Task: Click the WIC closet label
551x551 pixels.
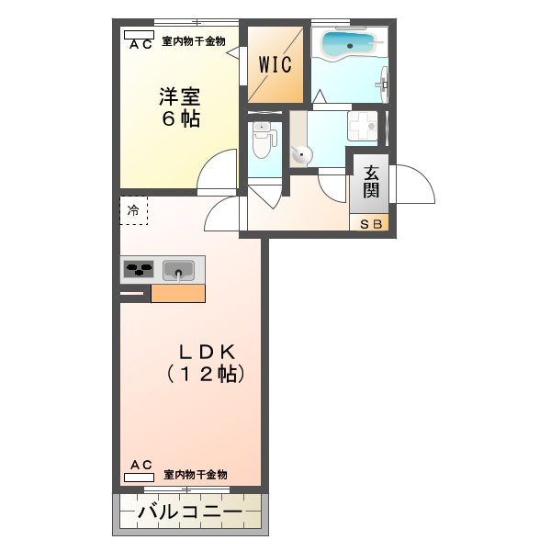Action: pyautogui.click(x=275, y=65)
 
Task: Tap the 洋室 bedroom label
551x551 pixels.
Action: pyautogui.click(x=180, y=96)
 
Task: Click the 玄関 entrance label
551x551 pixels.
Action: pyautogui.click(x=371, y=181)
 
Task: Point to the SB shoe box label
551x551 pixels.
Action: pyautogui.click(x=371, y=223)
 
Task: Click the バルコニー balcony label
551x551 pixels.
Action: pyautogui.click(x=190, y=512)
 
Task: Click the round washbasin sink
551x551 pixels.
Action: pyautogui.click(x=302, y=155)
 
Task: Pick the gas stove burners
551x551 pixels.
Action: pyautogui.click(x=140, y=270)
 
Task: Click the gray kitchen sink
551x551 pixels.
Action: pyautogui.click(x=178, y=270)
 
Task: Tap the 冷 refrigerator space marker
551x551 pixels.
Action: pyautogui.click(x=133, y=211)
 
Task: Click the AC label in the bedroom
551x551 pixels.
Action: pyautogui.click(x=141, y=43)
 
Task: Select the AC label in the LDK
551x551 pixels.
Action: pyautogui.click(x=141, y=466)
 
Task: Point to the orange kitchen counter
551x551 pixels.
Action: pyautogui.click(x=177, y=293)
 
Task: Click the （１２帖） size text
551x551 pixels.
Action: pyautogui.click(x=206, y=374)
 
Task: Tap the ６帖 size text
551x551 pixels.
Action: pyautogui.click(x=181, y=119)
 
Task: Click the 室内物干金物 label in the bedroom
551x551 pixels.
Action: pyautogui.click(x=194, y=40)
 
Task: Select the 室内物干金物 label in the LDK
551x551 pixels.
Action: pyautogui.click(x=196, y=474)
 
